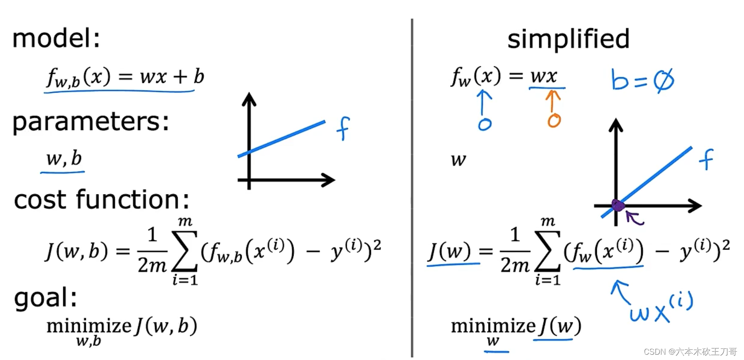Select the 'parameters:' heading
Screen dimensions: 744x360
point(90,121)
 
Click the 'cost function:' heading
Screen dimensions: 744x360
point(101,199)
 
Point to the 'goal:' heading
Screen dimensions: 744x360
point(45,298)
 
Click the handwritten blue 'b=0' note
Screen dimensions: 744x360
point(642,80)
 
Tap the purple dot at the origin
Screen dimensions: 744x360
point(618,205)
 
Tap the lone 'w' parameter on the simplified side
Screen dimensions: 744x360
point(458,159)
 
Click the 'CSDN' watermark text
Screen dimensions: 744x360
point(654,352)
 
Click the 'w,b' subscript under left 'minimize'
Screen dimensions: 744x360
point(88,341)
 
